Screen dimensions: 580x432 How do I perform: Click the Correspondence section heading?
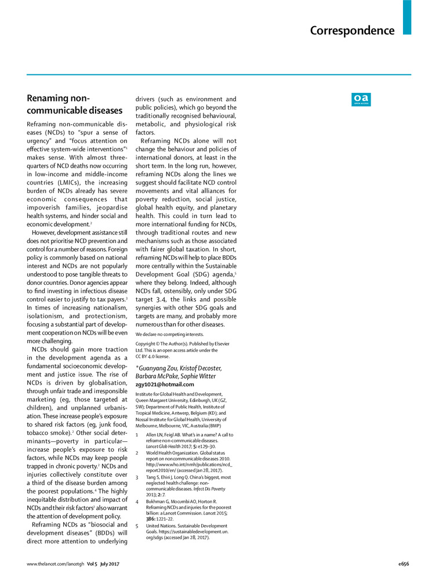(352, 31)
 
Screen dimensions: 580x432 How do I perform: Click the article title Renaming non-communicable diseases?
(75, 104)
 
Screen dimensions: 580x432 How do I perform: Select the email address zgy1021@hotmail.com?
(165, 384)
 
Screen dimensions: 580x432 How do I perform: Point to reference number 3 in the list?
(137, 477)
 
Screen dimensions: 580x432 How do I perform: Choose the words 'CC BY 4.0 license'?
(156, 357)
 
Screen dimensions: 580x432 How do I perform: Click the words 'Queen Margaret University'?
(163, 400)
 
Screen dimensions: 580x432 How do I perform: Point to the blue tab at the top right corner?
(407, 17)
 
